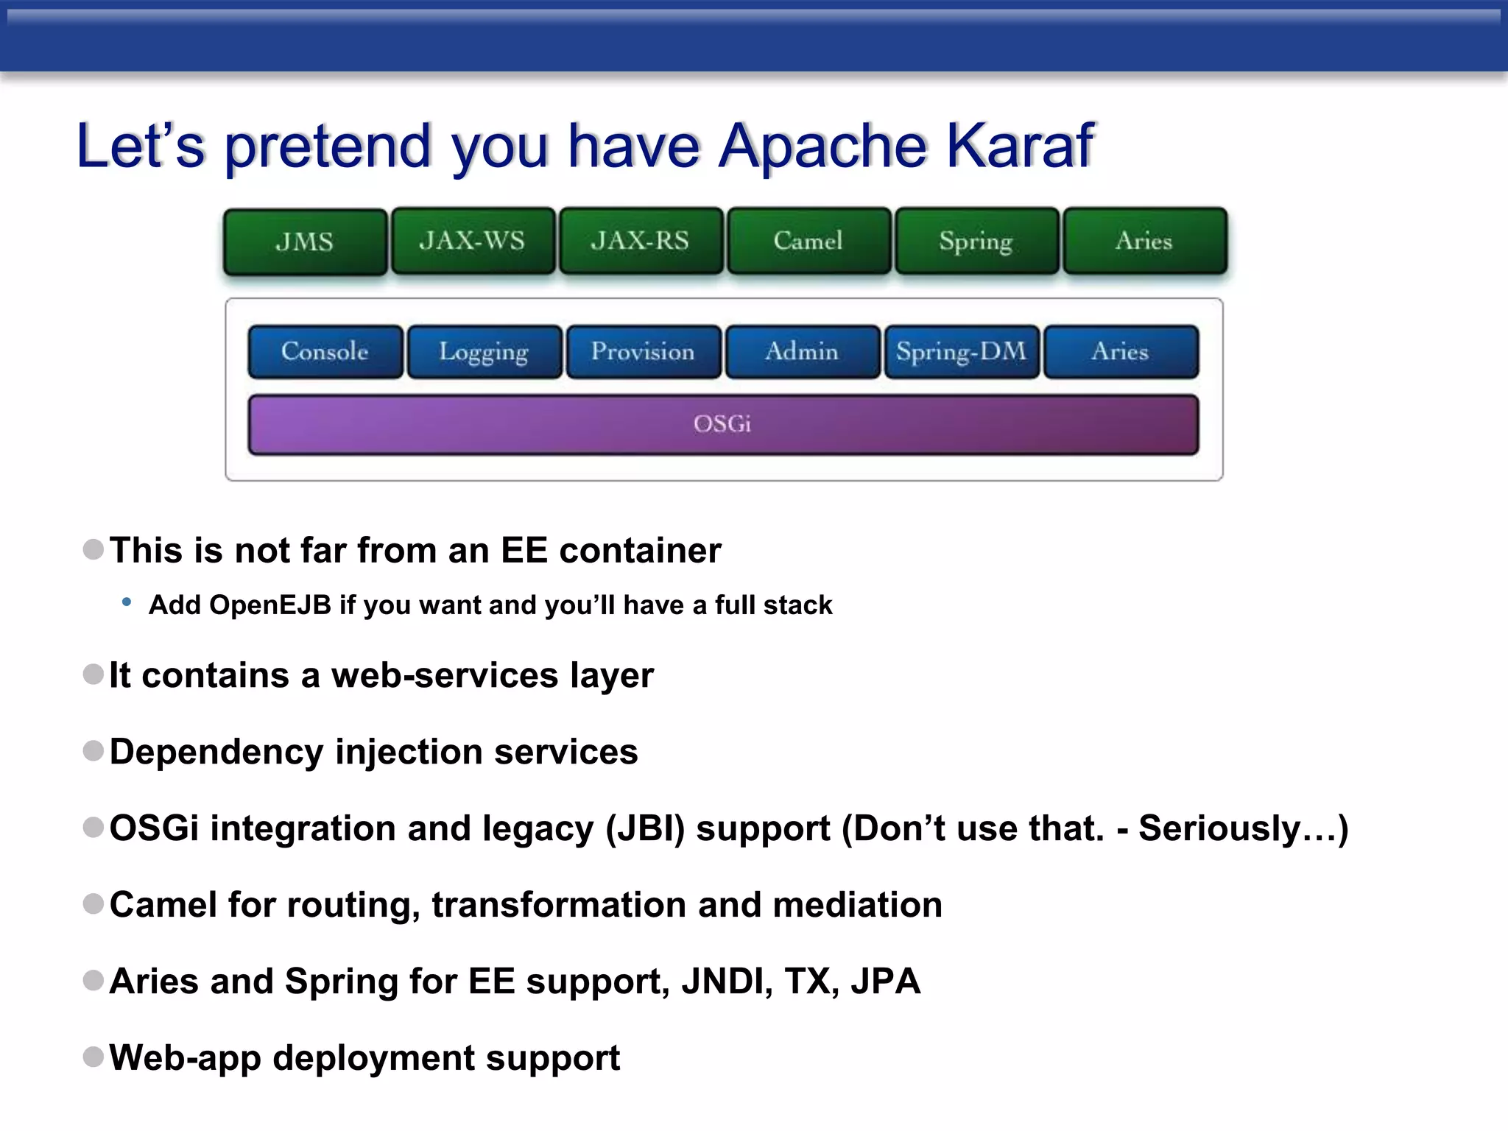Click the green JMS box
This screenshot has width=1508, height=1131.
point(305,242)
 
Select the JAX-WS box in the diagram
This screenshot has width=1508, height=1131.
point(473,241)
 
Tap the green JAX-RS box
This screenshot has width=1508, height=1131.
point(641,241)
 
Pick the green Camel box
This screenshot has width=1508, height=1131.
point(808,241)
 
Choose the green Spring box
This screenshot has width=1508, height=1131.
point(976,241)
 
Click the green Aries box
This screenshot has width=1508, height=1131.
point(1144,241)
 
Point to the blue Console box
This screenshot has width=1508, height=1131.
point(325,351)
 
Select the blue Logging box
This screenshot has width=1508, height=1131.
point(485,351)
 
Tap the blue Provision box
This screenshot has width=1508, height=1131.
point(643,351)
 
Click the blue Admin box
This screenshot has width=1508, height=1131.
point(802,351)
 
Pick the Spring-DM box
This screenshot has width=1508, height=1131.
point(961,351)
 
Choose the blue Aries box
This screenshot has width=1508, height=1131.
point(1120,351)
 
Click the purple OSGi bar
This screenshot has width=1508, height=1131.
point(722,424)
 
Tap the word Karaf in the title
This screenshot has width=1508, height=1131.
point(1020,145)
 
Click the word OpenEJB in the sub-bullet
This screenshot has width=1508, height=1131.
point(270,605)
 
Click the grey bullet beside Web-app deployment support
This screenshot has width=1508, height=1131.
point(94,1057)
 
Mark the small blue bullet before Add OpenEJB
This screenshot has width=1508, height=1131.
point(127,602)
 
